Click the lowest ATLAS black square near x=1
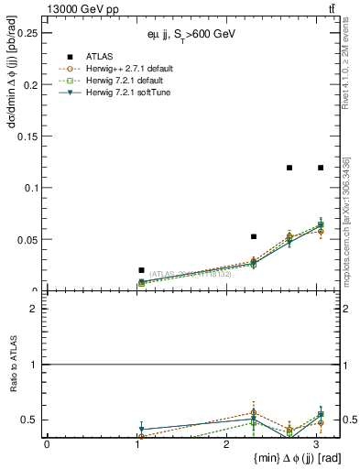(x=141, y=270)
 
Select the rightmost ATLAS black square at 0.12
(x=321, y=168)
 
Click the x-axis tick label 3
(x=316, y=443)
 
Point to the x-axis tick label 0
(x=47, y=443)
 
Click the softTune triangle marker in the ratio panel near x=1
(x=141, y=429)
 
